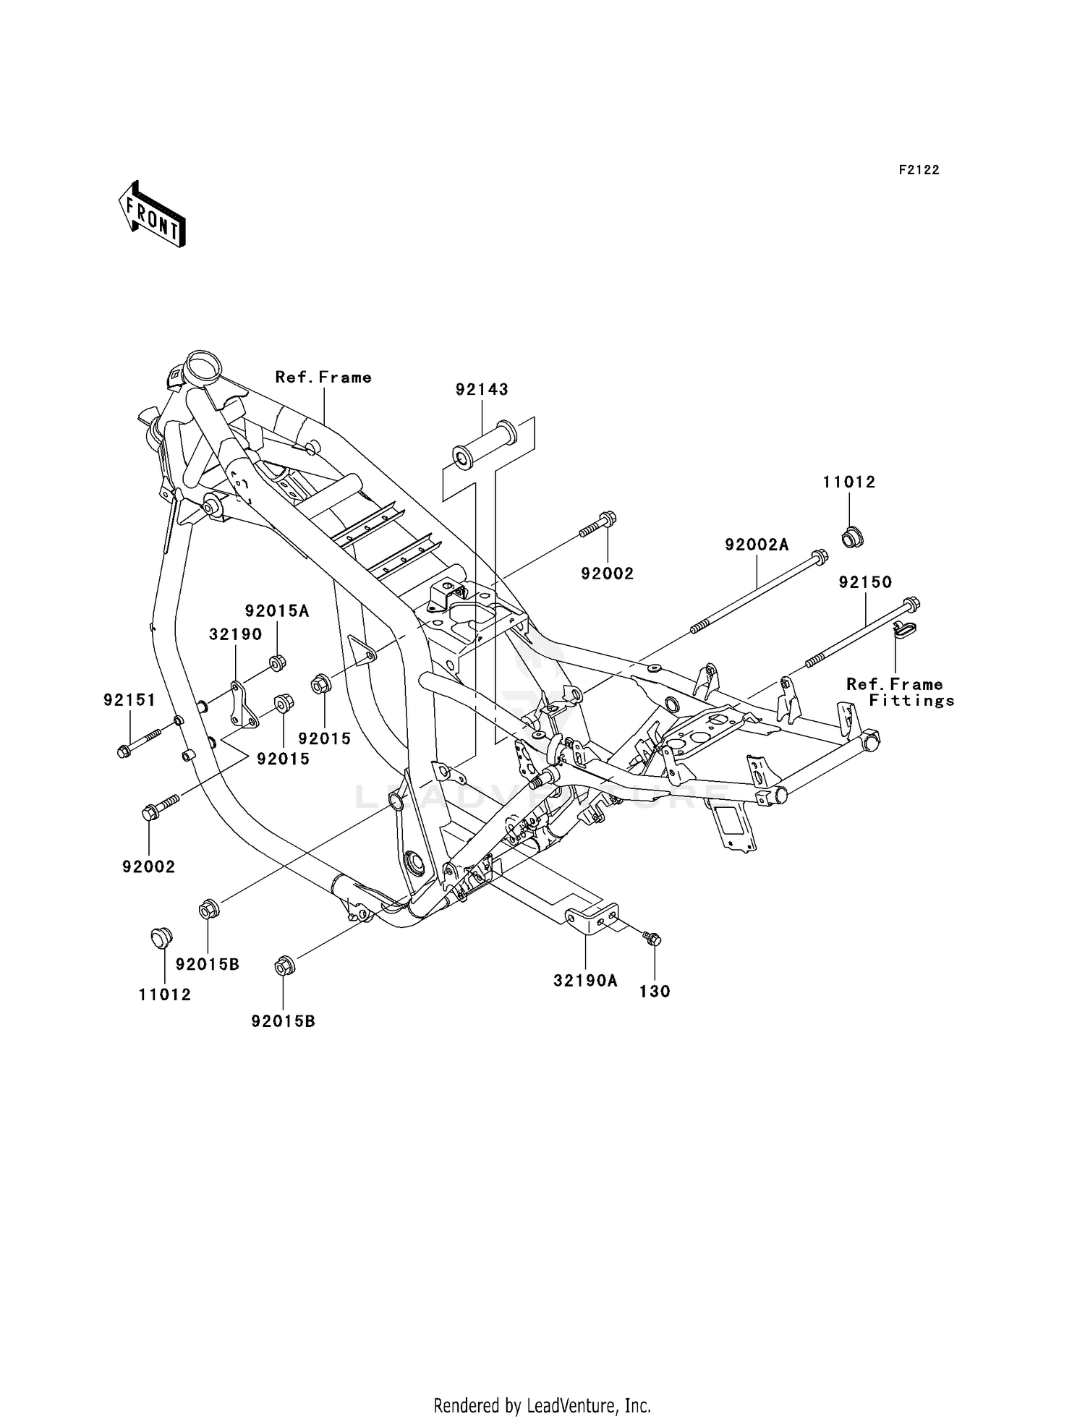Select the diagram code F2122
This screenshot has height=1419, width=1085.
[919, 170]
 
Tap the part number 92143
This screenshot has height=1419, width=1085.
[482, 390]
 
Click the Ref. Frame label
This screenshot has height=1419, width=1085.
[323, 378]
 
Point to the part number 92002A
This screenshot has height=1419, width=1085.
[757, 545]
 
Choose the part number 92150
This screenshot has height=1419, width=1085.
[865, 582]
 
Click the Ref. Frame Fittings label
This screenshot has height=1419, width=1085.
[901, 692]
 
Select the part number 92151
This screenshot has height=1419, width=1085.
[129, 700]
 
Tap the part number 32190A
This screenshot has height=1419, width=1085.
[585, 981]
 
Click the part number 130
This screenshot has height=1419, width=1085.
[655, 992]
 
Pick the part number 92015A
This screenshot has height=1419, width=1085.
[276, 611]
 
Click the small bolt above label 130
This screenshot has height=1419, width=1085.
[652, 939]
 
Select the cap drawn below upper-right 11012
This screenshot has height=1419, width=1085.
[852, 539]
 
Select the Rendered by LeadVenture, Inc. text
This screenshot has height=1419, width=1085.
[542, 1386]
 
